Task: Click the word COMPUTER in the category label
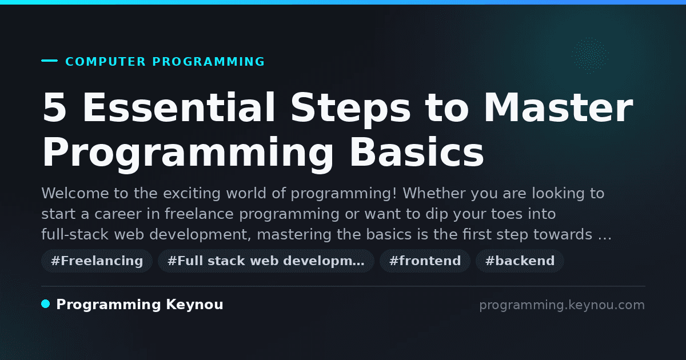point(105,62)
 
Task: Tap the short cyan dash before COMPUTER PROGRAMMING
point(49,61)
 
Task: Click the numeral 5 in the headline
point(54,107)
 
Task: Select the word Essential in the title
point(178,107)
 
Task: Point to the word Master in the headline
point(558,107)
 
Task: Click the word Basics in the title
point(417,152)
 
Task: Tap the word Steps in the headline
point(350,109)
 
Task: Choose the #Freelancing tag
point(97,261)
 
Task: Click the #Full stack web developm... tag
point(266,261)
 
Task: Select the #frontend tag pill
point(425,261)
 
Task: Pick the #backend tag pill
point(520,261)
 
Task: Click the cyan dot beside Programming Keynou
point(46,304)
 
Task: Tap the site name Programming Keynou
point(139,305)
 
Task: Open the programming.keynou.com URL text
point(562,305)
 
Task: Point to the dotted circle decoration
point(590,55)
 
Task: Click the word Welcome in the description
point(75,194)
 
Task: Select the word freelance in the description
point(199,214)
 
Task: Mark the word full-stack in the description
point(75,234)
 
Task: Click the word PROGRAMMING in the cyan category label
point(208,62)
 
